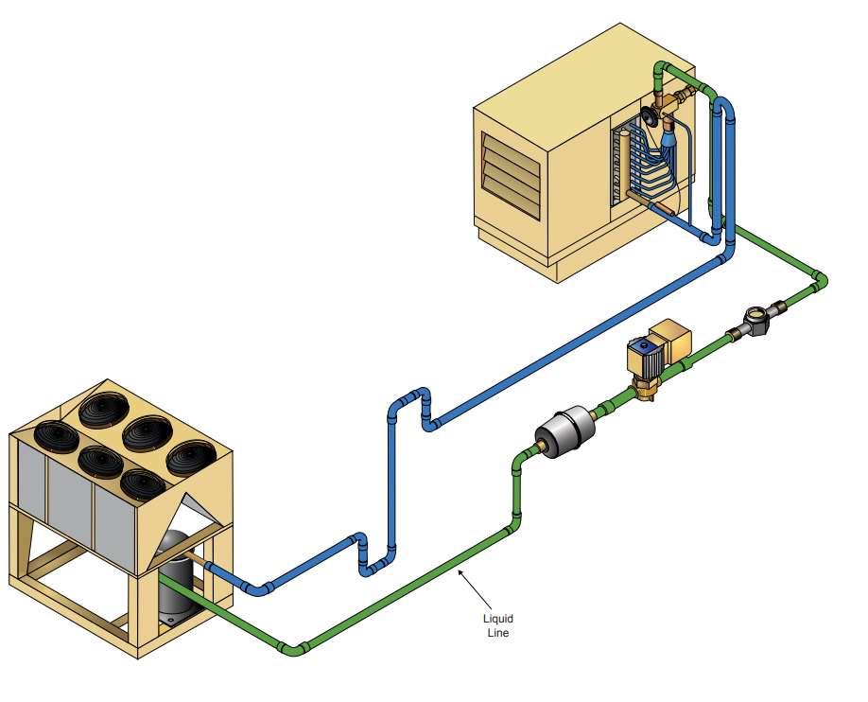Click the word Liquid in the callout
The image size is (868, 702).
pos(497,619)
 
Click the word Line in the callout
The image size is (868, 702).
pos(497,632)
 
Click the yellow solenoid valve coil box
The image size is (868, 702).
pos(673,338)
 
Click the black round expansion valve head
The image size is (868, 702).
pos(651,116)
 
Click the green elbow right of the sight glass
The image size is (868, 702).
pos(818,281)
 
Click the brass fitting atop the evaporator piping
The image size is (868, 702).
pos(675,97)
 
